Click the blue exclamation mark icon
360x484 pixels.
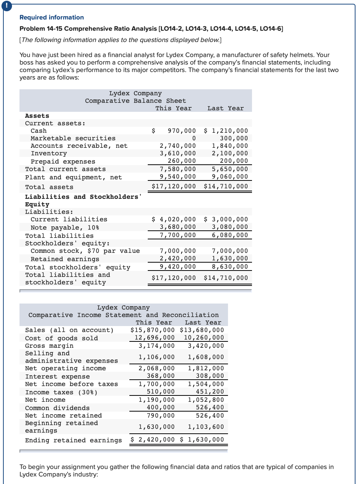pos(6,6)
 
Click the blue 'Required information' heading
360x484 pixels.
pos(52,17)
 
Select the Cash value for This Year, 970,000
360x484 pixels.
pos(181,131)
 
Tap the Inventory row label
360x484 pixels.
pos(49,153)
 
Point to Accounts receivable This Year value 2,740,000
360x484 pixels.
pos(178,146)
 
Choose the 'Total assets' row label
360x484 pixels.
pos(49,187)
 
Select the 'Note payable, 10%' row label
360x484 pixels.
pos(65,228)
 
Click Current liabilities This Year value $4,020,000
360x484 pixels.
pos(174,219)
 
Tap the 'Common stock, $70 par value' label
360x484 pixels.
pos(85,251)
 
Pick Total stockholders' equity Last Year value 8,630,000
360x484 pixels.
pos(230,267)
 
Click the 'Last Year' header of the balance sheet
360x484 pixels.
pos(225,108)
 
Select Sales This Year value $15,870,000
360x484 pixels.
pos(153,330)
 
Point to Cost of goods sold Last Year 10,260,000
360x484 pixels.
pos(204,338)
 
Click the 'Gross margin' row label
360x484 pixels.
pos(49,346)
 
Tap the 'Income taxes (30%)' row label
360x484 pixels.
pos(61,392)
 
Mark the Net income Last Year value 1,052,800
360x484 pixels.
pos(206,400)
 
